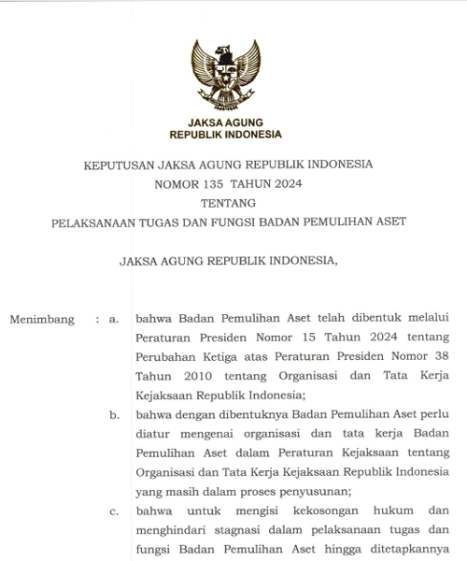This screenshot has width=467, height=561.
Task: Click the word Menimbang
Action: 42,319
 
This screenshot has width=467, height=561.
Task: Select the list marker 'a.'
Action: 114,319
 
